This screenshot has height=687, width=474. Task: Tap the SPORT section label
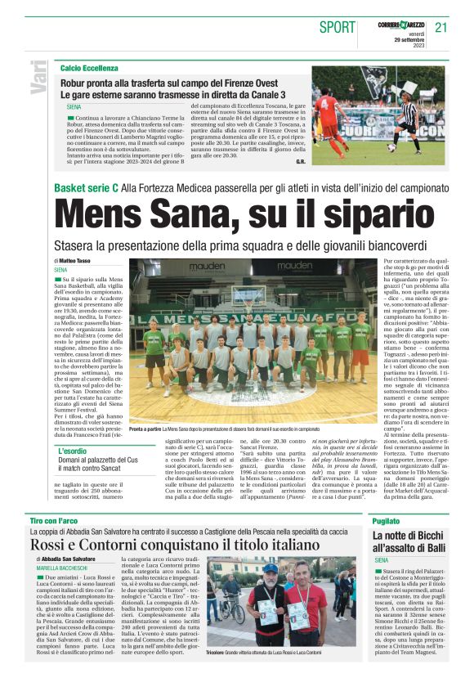click(336, 27)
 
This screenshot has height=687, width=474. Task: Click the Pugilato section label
click(386, 498)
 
